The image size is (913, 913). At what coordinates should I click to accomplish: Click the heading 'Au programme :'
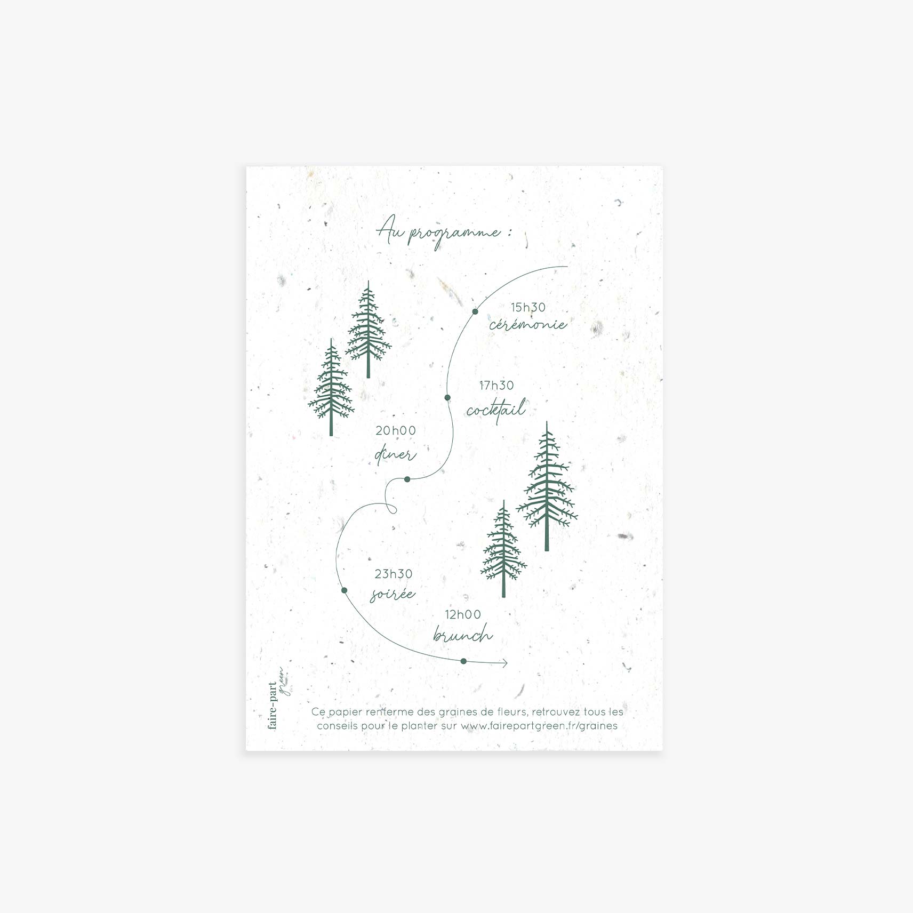(444, 234)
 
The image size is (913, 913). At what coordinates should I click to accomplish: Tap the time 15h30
(528, 307)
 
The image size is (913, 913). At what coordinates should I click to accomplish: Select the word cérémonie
(528, 324)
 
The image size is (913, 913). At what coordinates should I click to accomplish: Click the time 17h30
(496, 385)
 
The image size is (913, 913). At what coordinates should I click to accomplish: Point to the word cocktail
(496, 410)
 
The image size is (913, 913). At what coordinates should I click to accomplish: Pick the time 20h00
(396, 430)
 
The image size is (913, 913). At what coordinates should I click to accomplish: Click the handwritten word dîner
(395, 455)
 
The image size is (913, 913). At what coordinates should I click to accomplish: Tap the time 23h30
(394, 574)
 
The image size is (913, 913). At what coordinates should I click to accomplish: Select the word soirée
(393, 594)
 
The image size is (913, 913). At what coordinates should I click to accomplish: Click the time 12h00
(463, 614)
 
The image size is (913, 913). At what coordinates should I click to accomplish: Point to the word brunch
(462, 635)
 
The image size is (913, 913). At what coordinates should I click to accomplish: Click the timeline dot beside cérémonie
(475, 311)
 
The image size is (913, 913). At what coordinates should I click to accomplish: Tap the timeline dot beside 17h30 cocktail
(447, 397)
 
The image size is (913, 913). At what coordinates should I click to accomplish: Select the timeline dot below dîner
(407, 479)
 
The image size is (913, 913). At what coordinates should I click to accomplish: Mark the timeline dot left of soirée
(344, 590)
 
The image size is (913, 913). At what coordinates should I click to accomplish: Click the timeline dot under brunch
(463, 661)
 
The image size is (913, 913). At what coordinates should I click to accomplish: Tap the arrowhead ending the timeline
(504, 663)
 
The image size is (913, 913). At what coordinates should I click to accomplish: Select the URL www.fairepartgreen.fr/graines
(539, 726)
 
